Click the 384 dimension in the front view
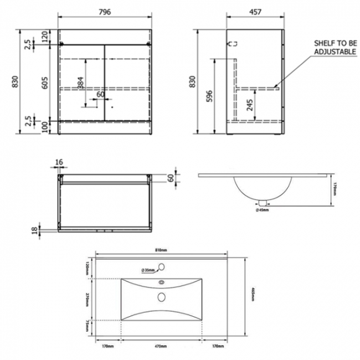[x=81, y=83]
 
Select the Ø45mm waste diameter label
[x=263, y=209]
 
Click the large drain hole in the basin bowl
[x=162, y=297]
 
